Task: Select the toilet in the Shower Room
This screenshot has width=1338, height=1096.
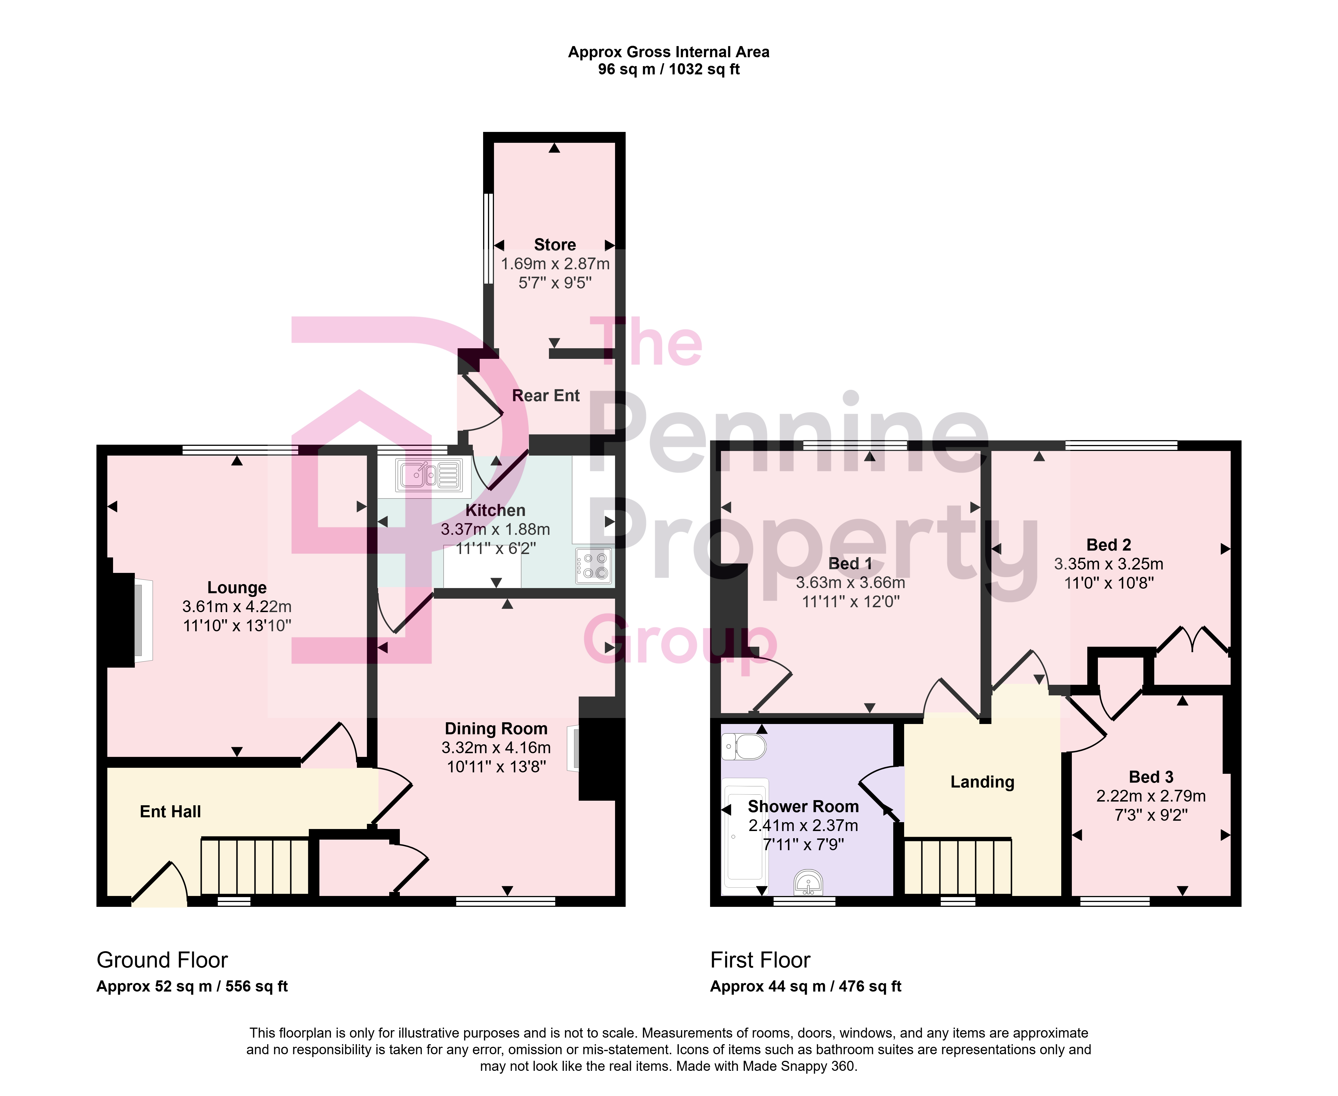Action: tap(744, 747)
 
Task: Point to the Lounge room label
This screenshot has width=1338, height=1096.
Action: tap(237, 588)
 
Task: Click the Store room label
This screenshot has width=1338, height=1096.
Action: tap(555, 245)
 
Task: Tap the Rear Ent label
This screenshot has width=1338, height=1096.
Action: tap(546, 396)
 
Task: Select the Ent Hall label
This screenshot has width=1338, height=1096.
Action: tap(171, 812)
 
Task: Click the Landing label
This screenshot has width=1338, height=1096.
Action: tap(983, 782)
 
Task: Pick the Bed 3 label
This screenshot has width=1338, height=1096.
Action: tap(1151, 777)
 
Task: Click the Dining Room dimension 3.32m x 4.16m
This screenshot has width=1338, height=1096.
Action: tap(496, 748)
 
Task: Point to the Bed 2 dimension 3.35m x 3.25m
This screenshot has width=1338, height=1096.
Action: tap(1109, 564)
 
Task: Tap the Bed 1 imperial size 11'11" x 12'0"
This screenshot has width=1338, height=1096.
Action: tap(851, 602)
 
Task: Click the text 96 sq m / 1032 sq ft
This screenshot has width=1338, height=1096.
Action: tap(669, 70)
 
